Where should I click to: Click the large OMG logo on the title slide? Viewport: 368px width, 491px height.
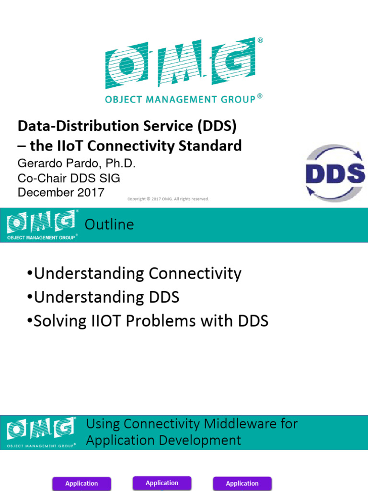tap(184, 71)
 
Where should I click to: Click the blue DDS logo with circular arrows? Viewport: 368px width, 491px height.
tap(335, 173)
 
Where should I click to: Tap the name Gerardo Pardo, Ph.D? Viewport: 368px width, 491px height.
tap(77, 164)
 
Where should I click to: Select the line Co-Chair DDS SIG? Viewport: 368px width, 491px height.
tap(69, 178)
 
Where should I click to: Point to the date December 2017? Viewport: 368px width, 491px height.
tap(61, 192)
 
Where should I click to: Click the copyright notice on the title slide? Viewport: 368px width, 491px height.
tap(168, 199)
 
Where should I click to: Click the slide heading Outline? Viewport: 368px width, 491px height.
tap(109, 224)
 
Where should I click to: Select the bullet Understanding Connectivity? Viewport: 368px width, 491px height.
tap(135, 274)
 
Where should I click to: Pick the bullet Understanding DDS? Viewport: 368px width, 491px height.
tap(103, 297)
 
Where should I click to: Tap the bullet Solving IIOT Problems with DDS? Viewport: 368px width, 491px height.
tap(148, 321)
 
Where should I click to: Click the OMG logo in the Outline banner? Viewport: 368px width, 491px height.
tap(42, 225)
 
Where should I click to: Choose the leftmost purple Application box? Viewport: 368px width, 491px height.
tap(81, 483)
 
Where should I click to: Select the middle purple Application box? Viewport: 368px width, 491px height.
tap(162, 483)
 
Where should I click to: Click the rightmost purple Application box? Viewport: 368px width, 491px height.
tap(242, 483)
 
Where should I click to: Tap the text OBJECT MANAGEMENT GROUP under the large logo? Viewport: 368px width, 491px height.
tap(180, 100)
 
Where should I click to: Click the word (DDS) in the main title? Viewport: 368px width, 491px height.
tap(217, 126)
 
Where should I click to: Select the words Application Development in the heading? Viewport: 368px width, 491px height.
tap(164, 441)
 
